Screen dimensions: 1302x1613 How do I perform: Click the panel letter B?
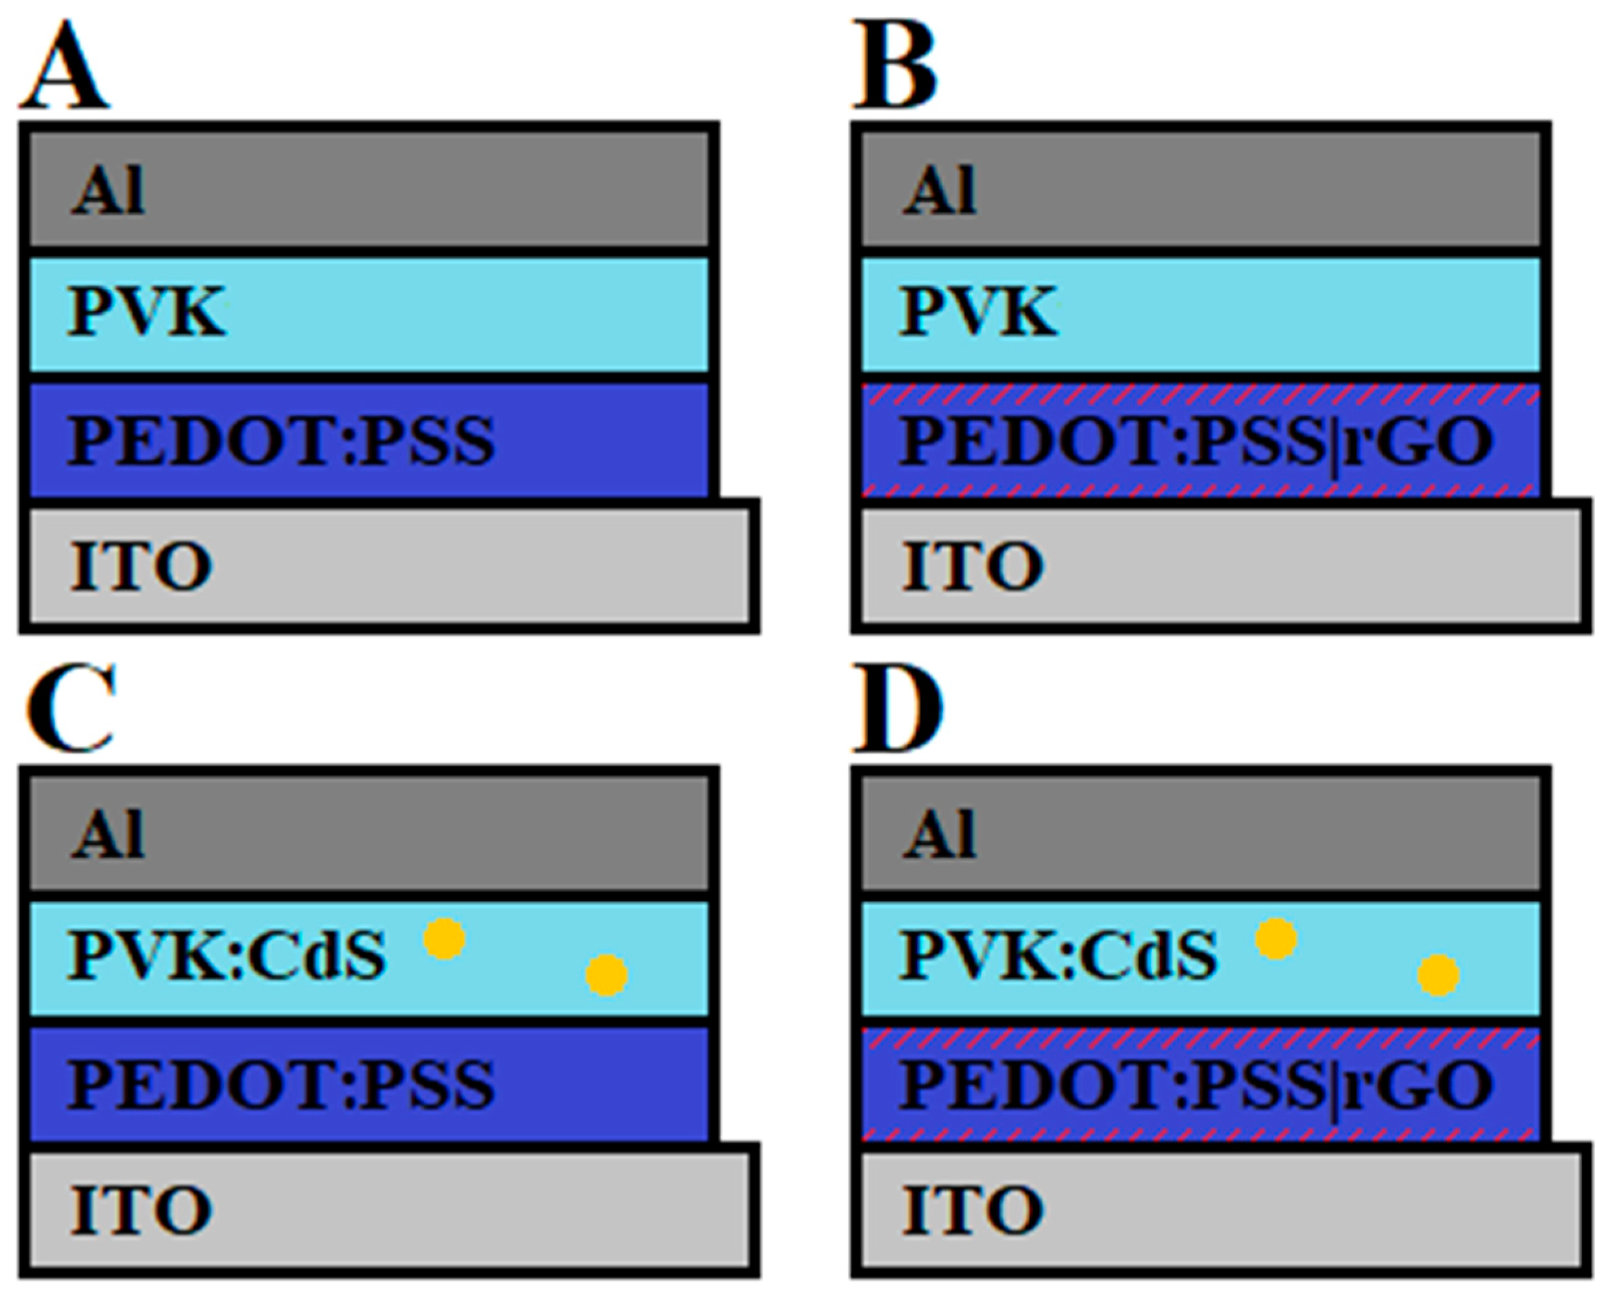click(896, 68)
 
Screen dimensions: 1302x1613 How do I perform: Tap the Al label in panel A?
click(107, 191)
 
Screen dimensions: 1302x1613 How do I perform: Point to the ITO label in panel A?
click(141, 565)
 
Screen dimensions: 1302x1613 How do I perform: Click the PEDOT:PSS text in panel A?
click(281, 441)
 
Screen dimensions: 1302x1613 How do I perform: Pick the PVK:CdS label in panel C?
click(227, 956)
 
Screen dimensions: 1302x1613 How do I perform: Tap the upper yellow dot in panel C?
click(445, 939)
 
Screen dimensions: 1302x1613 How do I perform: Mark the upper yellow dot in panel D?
click(1276, 939)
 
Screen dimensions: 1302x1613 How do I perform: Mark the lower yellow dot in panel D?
click(1438, 976)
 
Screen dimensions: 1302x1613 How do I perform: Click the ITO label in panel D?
click(972, 1209)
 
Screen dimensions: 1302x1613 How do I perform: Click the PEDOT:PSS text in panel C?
click(281, 1085)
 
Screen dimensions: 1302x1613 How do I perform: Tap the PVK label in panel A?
click(146, 312)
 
